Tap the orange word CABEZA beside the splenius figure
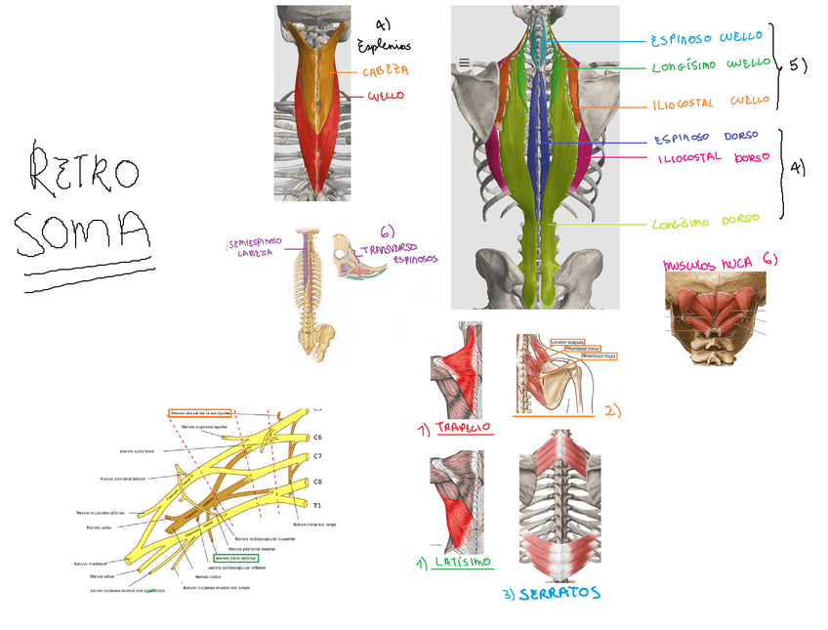click(x=385, y=71)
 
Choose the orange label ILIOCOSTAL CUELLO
click(x=711, y=102)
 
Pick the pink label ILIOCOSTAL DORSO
click(x=713, y=157)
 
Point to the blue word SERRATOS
click(x=559, y=593)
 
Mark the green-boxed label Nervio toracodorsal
click(x=235, y=559)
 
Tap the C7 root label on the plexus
click(x=317, y=456)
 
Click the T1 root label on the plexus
click(x=317, y=505)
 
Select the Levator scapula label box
click(x=570, y=341)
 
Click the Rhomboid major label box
click(x=599, y=357)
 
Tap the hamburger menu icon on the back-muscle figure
click(x=464, y=63)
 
